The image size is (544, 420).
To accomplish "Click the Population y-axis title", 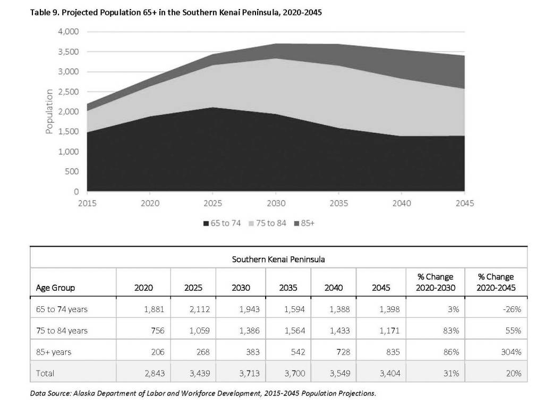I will pos(49,112).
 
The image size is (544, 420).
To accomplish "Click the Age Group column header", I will pos(55,288).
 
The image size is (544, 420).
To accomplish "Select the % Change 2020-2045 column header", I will pos(496,282).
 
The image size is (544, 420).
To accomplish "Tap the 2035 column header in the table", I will pos(288,288).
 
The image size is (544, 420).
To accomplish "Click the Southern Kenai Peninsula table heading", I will pos(278,259).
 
